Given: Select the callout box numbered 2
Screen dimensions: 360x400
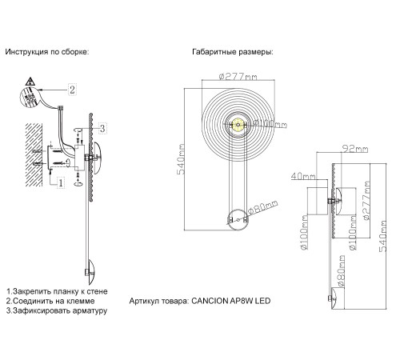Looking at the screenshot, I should [x=72, y=89].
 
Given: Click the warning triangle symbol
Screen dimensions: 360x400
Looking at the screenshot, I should [x=29, y=82].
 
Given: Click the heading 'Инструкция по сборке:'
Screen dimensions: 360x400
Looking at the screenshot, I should [x=46, y=52].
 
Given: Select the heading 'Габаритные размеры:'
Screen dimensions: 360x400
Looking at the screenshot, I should [x=233, y=52].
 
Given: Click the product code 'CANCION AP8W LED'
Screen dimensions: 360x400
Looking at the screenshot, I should [x=234, y=302].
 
